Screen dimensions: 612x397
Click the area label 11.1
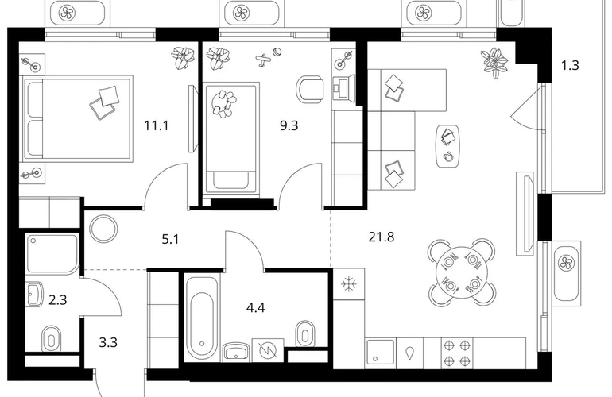[x=156, y=126]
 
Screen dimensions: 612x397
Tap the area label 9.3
[x=289, y=126]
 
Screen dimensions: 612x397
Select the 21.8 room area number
[x=382, y=237]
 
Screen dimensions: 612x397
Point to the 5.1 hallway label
[x=170, y=239]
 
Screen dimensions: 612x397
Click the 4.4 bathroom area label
[x=256, y=308]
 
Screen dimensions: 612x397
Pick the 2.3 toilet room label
[x=58, y=300]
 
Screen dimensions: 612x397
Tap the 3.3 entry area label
[x=108, y=343]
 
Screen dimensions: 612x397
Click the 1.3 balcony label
[x=570, y=66]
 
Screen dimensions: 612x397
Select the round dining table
[x=462, y=272]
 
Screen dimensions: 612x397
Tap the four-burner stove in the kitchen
[x=457, y=353]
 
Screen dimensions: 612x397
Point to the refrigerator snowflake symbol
[x=347, y=284]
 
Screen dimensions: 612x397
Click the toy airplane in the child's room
[x=264, y=60]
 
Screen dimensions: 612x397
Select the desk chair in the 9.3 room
[x=310, y=89]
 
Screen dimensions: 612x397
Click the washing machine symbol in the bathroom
[x=268, y=351]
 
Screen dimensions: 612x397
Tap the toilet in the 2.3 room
[x=51, y=338]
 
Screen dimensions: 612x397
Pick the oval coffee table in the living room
[x=447, y=146]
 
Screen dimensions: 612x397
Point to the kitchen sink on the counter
[x=381, y=353]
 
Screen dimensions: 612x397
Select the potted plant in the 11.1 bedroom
[x=184, y=58]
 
